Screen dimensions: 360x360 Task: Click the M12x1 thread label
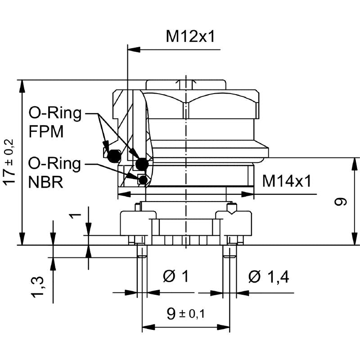click(191, 36)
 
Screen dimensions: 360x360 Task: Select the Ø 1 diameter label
click(175, 276)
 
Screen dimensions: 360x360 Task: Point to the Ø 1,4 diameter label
click(268, 276)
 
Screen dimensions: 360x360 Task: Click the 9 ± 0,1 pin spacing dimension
click(185, 313)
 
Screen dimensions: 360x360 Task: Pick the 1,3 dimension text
click(37, 288)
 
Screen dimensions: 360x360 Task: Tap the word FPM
click(46, 132)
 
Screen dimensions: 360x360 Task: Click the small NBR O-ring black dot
click(143, 180)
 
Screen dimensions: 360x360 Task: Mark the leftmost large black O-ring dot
click(114, 156)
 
